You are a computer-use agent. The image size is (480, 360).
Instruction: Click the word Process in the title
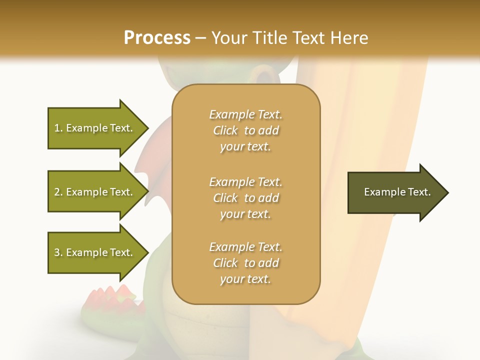tap(157, 38)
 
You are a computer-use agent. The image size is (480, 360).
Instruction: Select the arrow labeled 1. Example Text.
tap(95, 128)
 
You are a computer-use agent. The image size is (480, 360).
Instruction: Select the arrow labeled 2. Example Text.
tap(95, 192)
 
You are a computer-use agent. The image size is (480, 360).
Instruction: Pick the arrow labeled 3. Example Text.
tap(95, 252)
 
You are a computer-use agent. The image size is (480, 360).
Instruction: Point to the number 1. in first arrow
tap(58, 128)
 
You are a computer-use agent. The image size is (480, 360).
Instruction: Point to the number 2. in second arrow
tap(58, 192)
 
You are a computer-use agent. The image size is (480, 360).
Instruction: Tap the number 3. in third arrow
tap(58, 252)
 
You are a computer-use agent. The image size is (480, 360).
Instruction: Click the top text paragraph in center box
tap(245, 130)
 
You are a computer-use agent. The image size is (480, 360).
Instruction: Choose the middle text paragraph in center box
tap(245, 198)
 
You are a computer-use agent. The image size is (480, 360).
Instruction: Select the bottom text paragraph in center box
tap(245, 263)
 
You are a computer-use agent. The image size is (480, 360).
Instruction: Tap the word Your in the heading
tap(227, 38)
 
